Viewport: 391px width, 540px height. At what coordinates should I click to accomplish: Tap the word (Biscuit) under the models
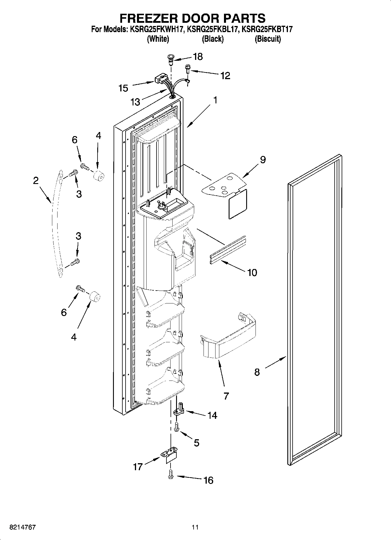(x=268, y=39)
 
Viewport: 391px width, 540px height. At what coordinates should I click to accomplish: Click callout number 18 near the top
(x=198, y=56)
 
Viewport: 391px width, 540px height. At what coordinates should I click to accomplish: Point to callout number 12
(x=225, y=76)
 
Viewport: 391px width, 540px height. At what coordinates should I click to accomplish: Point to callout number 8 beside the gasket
(x=257, y=372)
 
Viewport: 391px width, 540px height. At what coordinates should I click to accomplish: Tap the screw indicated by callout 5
(x=176, y=427)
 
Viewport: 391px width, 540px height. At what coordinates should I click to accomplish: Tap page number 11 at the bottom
(x=195, y=527)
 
